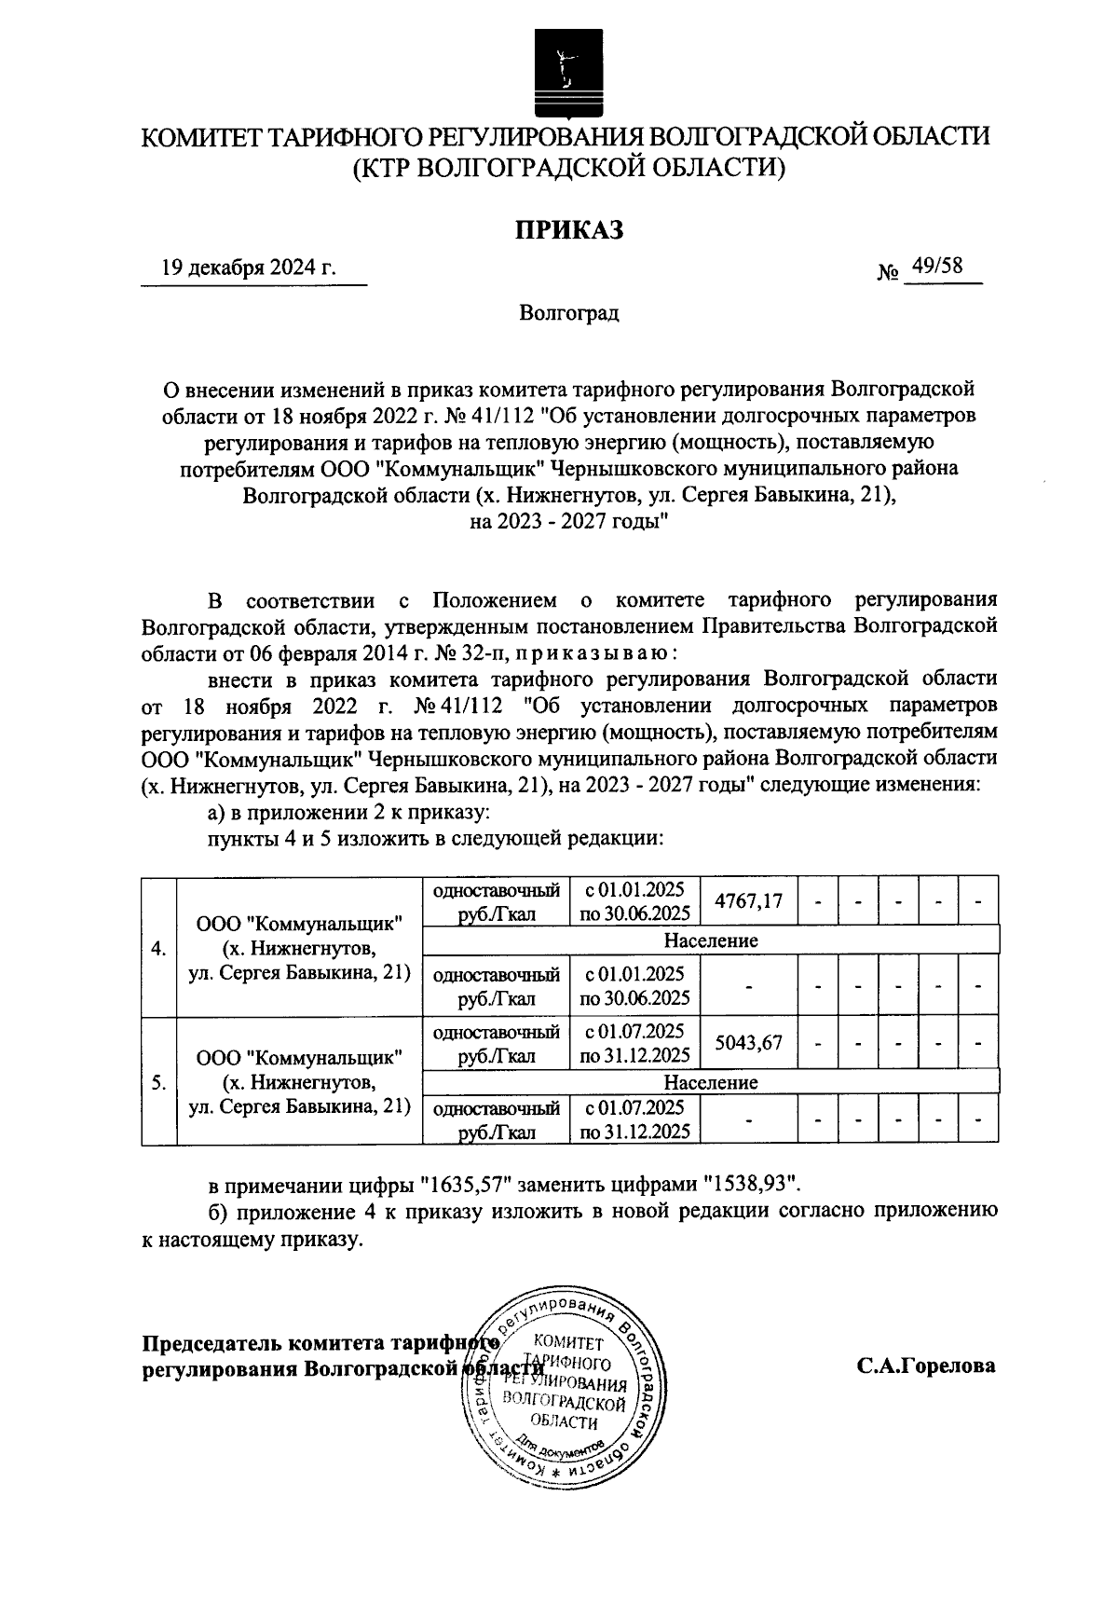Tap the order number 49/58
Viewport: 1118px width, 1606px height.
point(937,267)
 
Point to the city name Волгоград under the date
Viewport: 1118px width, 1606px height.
point(569,312)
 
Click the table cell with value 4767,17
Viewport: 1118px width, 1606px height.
point(747,901)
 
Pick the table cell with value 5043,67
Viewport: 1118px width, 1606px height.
point(747,1043)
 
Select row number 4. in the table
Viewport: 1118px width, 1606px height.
point(158,949)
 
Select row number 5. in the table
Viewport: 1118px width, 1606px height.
point(158,1082)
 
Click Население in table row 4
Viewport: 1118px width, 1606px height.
point(710,940)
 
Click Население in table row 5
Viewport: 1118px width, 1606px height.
point(710,1082)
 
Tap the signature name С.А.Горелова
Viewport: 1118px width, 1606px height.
point(926,1366)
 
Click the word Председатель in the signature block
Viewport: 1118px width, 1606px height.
point(211,1344)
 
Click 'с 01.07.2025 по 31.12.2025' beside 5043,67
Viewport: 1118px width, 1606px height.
point(634,1043)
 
